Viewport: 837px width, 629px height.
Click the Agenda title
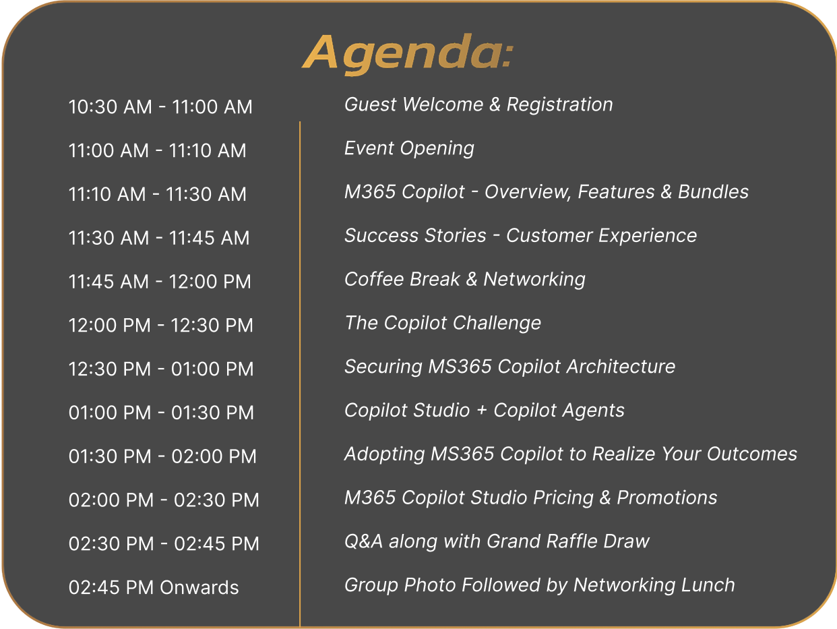(x=408, y=54)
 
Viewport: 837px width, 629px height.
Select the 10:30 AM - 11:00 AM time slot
(x=160, y=107)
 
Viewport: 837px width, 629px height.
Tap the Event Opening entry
(x=409, y=149)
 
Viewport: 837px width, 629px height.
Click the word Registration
(x=560, y=105)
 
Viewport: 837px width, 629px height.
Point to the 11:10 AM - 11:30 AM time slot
(x=158, y=194)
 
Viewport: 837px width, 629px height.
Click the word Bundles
(x=713, y=192)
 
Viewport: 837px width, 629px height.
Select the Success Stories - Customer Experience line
(x=520, y=236)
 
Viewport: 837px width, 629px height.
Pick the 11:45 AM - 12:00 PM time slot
(x=160, y=282)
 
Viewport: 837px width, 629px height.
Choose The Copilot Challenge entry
(x=443, y=324)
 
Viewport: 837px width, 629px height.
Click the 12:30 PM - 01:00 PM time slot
(x=161, y=369)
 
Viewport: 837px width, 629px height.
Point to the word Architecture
(x=621, y=367)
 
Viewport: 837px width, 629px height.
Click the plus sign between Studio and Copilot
(x=482, y=411)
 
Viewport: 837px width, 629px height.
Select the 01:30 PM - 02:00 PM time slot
(x=162, y=456)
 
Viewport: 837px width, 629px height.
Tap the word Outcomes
(x=752, y=454)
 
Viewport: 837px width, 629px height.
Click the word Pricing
(x=563, y=498)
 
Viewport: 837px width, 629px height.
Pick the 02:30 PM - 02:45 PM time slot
(x=164, y=543)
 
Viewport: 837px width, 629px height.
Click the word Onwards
(x=199, y=587)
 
